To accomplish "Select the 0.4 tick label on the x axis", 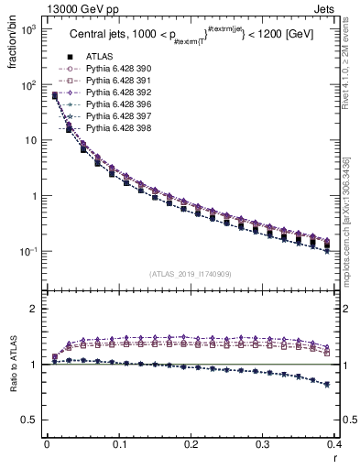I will pos(334,448).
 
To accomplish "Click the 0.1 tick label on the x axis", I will pos(119,448).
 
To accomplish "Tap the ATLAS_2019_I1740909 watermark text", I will pos(191,273).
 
